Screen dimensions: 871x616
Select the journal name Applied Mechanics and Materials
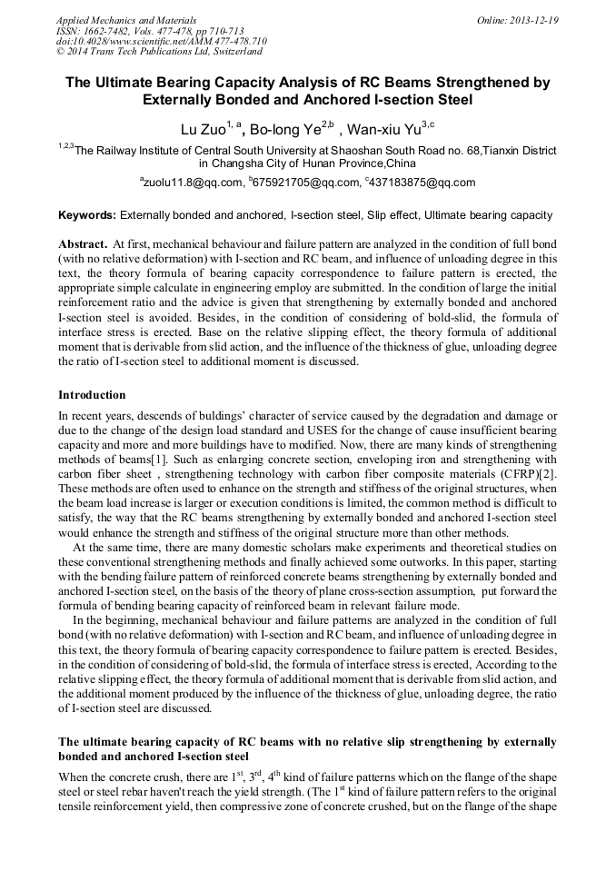click(116, 19)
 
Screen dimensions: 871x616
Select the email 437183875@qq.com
click(422, 183)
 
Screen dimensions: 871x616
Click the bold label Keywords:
click(86, 215)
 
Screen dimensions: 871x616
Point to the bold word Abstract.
click(81, 245)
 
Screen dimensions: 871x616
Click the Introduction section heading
click(92, 395)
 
